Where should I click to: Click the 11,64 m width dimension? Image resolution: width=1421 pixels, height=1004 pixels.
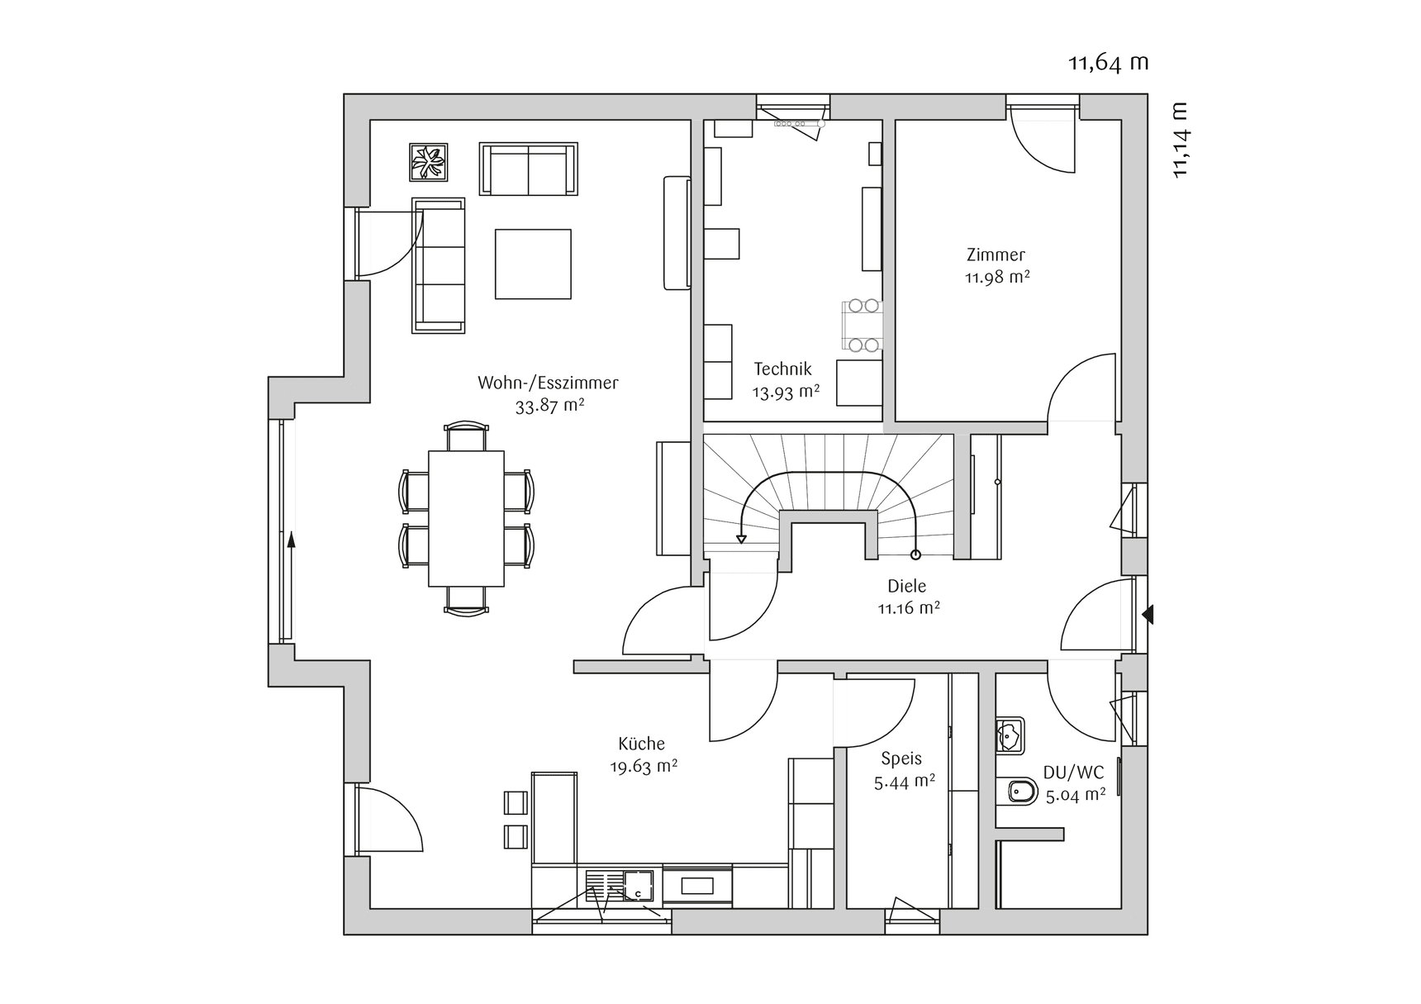tap(1108, 63)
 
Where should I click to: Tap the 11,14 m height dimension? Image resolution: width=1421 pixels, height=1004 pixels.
tap(1179, 140)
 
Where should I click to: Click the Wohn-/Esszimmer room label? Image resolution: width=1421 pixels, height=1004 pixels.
tap(548, 383)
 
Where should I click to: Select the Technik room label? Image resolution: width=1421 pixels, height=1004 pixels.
tap(782, 369)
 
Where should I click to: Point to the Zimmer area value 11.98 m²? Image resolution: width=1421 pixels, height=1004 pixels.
tap(997, 278)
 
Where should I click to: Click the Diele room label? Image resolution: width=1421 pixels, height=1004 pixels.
tap(906, 586)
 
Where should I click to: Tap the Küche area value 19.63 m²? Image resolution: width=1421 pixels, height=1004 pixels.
tap(644, 767)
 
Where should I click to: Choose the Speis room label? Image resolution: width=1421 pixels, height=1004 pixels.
tap(901, 759)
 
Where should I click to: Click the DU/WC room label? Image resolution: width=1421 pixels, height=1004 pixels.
tap(1073, 773)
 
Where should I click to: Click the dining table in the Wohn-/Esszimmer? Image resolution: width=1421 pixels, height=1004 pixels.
tap(466, 518)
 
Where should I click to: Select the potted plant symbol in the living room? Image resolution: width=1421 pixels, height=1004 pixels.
tap(429, 162)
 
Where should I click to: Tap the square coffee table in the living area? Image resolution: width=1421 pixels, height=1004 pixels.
tap(533, 264)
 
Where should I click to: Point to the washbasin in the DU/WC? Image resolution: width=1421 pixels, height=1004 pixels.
tap(1010, 735)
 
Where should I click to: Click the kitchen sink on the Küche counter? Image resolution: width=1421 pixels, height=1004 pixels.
tap(637, 885)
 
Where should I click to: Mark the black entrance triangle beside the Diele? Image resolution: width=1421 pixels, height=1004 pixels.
tap(1148, 615)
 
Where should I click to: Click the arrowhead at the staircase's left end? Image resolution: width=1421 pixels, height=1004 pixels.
tap(741, 539)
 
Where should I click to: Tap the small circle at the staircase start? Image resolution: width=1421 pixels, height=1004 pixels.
tap(915, 554)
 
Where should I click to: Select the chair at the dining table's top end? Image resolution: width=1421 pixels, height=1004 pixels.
tap(466, 437)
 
